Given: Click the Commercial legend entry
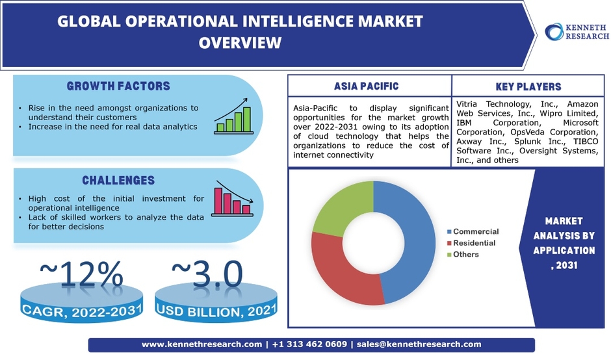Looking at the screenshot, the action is point(473,231).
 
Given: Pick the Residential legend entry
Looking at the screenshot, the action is point(471,243).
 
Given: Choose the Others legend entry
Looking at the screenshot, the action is point(463,254).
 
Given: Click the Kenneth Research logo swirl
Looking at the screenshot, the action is point(554,32).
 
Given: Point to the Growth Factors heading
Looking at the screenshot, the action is point(118,86).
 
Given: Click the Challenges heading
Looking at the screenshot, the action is point(118,181).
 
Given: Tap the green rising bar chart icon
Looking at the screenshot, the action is point(233,116).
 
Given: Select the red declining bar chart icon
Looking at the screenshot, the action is point(233,198).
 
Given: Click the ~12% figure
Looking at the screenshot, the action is point(81,274).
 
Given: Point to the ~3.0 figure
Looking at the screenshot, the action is point(207,274).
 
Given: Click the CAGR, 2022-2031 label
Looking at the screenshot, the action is point(82,311).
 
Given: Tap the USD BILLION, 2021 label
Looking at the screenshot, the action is point(216,311).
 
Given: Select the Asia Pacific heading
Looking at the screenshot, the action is point(367,86).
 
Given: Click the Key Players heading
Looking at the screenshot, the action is point(528,86).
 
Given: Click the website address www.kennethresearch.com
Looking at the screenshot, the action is point(202,344).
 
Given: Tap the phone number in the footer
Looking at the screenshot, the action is point(309,344).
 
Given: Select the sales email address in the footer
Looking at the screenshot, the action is point(419,344).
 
